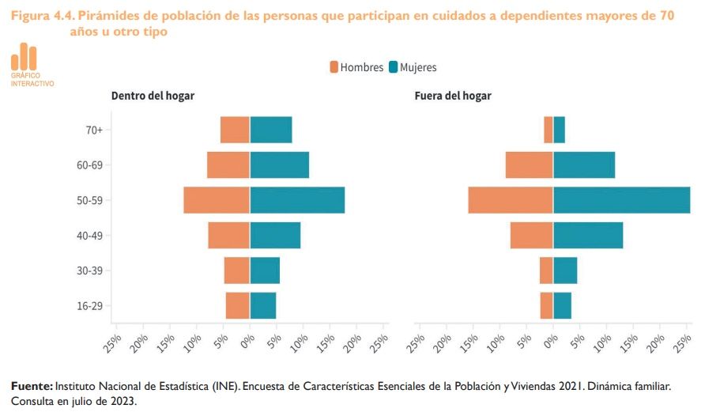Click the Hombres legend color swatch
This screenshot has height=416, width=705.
(x=334, y=67)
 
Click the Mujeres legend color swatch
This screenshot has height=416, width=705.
(x=393, y=67)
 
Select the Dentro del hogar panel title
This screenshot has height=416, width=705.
(x=153, y=96)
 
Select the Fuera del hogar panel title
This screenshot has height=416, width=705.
(x=453, y=96)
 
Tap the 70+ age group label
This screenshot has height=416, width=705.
(x=94, y=130)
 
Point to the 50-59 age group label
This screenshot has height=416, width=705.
(x=89, y=200)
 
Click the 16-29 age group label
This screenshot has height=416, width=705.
(x=89, y=306)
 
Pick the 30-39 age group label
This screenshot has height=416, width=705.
(x=89, y=270)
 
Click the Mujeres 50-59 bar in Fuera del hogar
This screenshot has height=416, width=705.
(x=621, y=200)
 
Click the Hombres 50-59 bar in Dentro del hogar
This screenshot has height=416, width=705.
(x=217, y=200)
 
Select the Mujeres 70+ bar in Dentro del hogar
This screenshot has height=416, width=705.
(x=271, y=130)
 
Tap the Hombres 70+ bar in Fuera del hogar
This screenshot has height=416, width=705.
(x=548, y=130)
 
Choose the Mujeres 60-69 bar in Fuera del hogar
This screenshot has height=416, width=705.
(x=584, y=165)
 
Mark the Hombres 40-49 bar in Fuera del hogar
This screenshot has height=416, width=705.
(x=531, y=236)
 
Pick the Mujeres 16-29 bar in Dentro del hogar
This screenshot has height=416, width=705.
(x=263, y=306)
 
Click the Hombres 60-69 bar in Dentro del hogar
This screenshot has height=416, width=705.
(x=228, y=165)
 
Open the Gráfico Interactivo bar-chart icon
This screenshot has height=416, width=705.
(x=24, y=56)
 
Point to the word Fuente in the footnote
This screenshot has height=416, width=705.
(x=31, y=386)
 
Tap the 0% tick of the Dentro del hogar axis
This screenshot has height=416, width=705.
(x=247, y=338)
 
